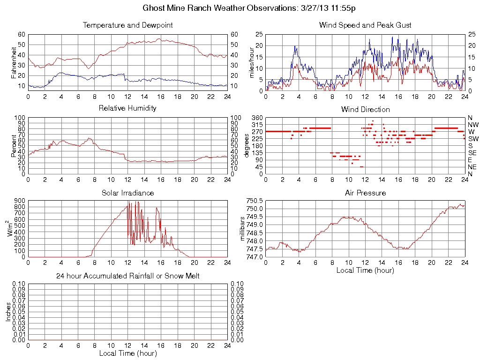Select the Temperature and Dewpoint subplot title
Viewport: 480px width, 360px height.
tap(127, 25)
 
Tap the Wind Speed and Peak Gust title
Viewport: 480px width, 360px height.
tap(365, 25)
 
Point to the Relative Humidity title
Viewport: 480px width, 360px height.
tap(127, 108)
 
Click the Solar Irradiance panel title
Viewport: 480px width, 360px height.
tap(127, 193)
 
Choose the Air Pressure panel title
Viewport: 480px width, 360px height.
tap(365, 193)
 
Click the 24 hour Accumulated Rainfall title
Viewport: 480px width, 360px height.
tap(127, 276)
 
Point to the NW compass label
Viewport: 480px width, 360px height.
tap(473, 125)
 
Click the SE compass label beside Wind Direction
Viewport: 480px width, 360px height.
tap(472, 153)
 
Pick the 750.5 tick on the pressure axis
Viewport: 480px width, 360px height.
tap(254, 200)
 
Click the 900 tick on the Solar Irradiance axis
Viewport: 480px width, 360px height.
tap(19, 201)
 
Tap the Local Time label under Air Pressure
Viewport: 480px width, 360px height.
tap(365, 270)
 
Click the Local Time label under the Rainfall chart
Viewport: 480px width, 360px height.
tap(127, 353)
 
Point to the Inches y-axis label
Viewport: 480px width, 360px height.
tap(8, 311)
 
